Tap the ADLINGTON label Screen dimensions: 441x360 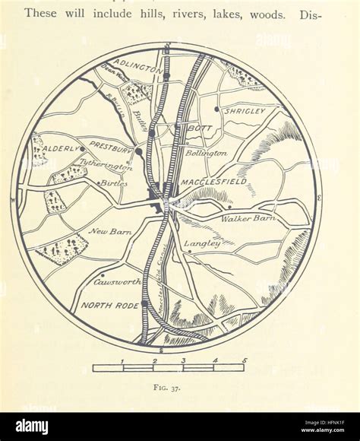tap(137, 66)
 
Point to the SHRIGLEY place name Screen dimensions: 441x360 tap(245, 111)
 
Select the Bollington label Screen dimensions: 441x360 tap(207, 153)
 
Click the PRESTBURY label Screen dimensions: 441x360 tap(112, 144)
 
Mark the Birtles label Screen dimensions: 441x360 tap(114, 183)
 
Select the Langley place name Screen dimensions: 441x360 tap(203, 243)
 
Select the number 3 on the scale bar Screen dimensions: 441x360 tap(184, 360)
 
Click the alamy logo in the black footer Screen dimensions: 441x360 tap(27, 427)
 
